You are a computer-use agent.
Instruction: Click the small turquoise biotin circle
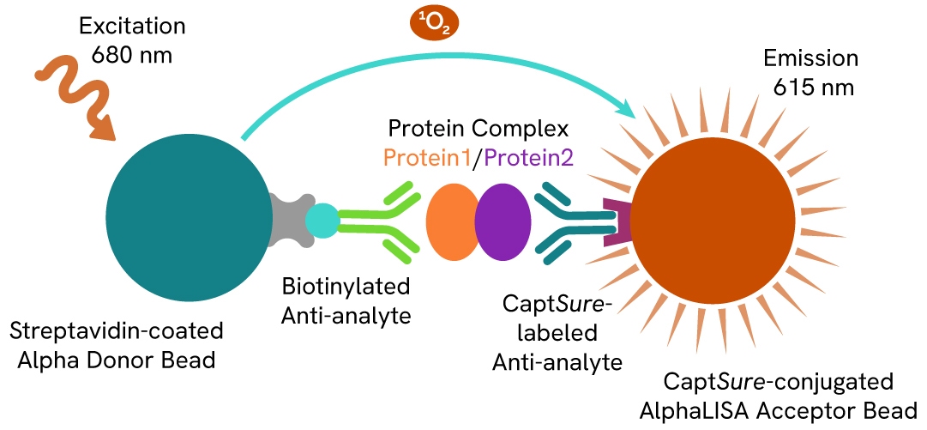(x=322, y=221)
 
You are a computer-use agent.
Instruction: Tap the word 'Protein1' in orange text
(x=425, y=158)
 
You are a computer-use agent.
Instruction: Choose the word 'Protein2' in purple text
(x=531, y=158)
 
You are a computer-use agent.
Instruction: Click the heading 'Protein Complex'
(x=479, y=130)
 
